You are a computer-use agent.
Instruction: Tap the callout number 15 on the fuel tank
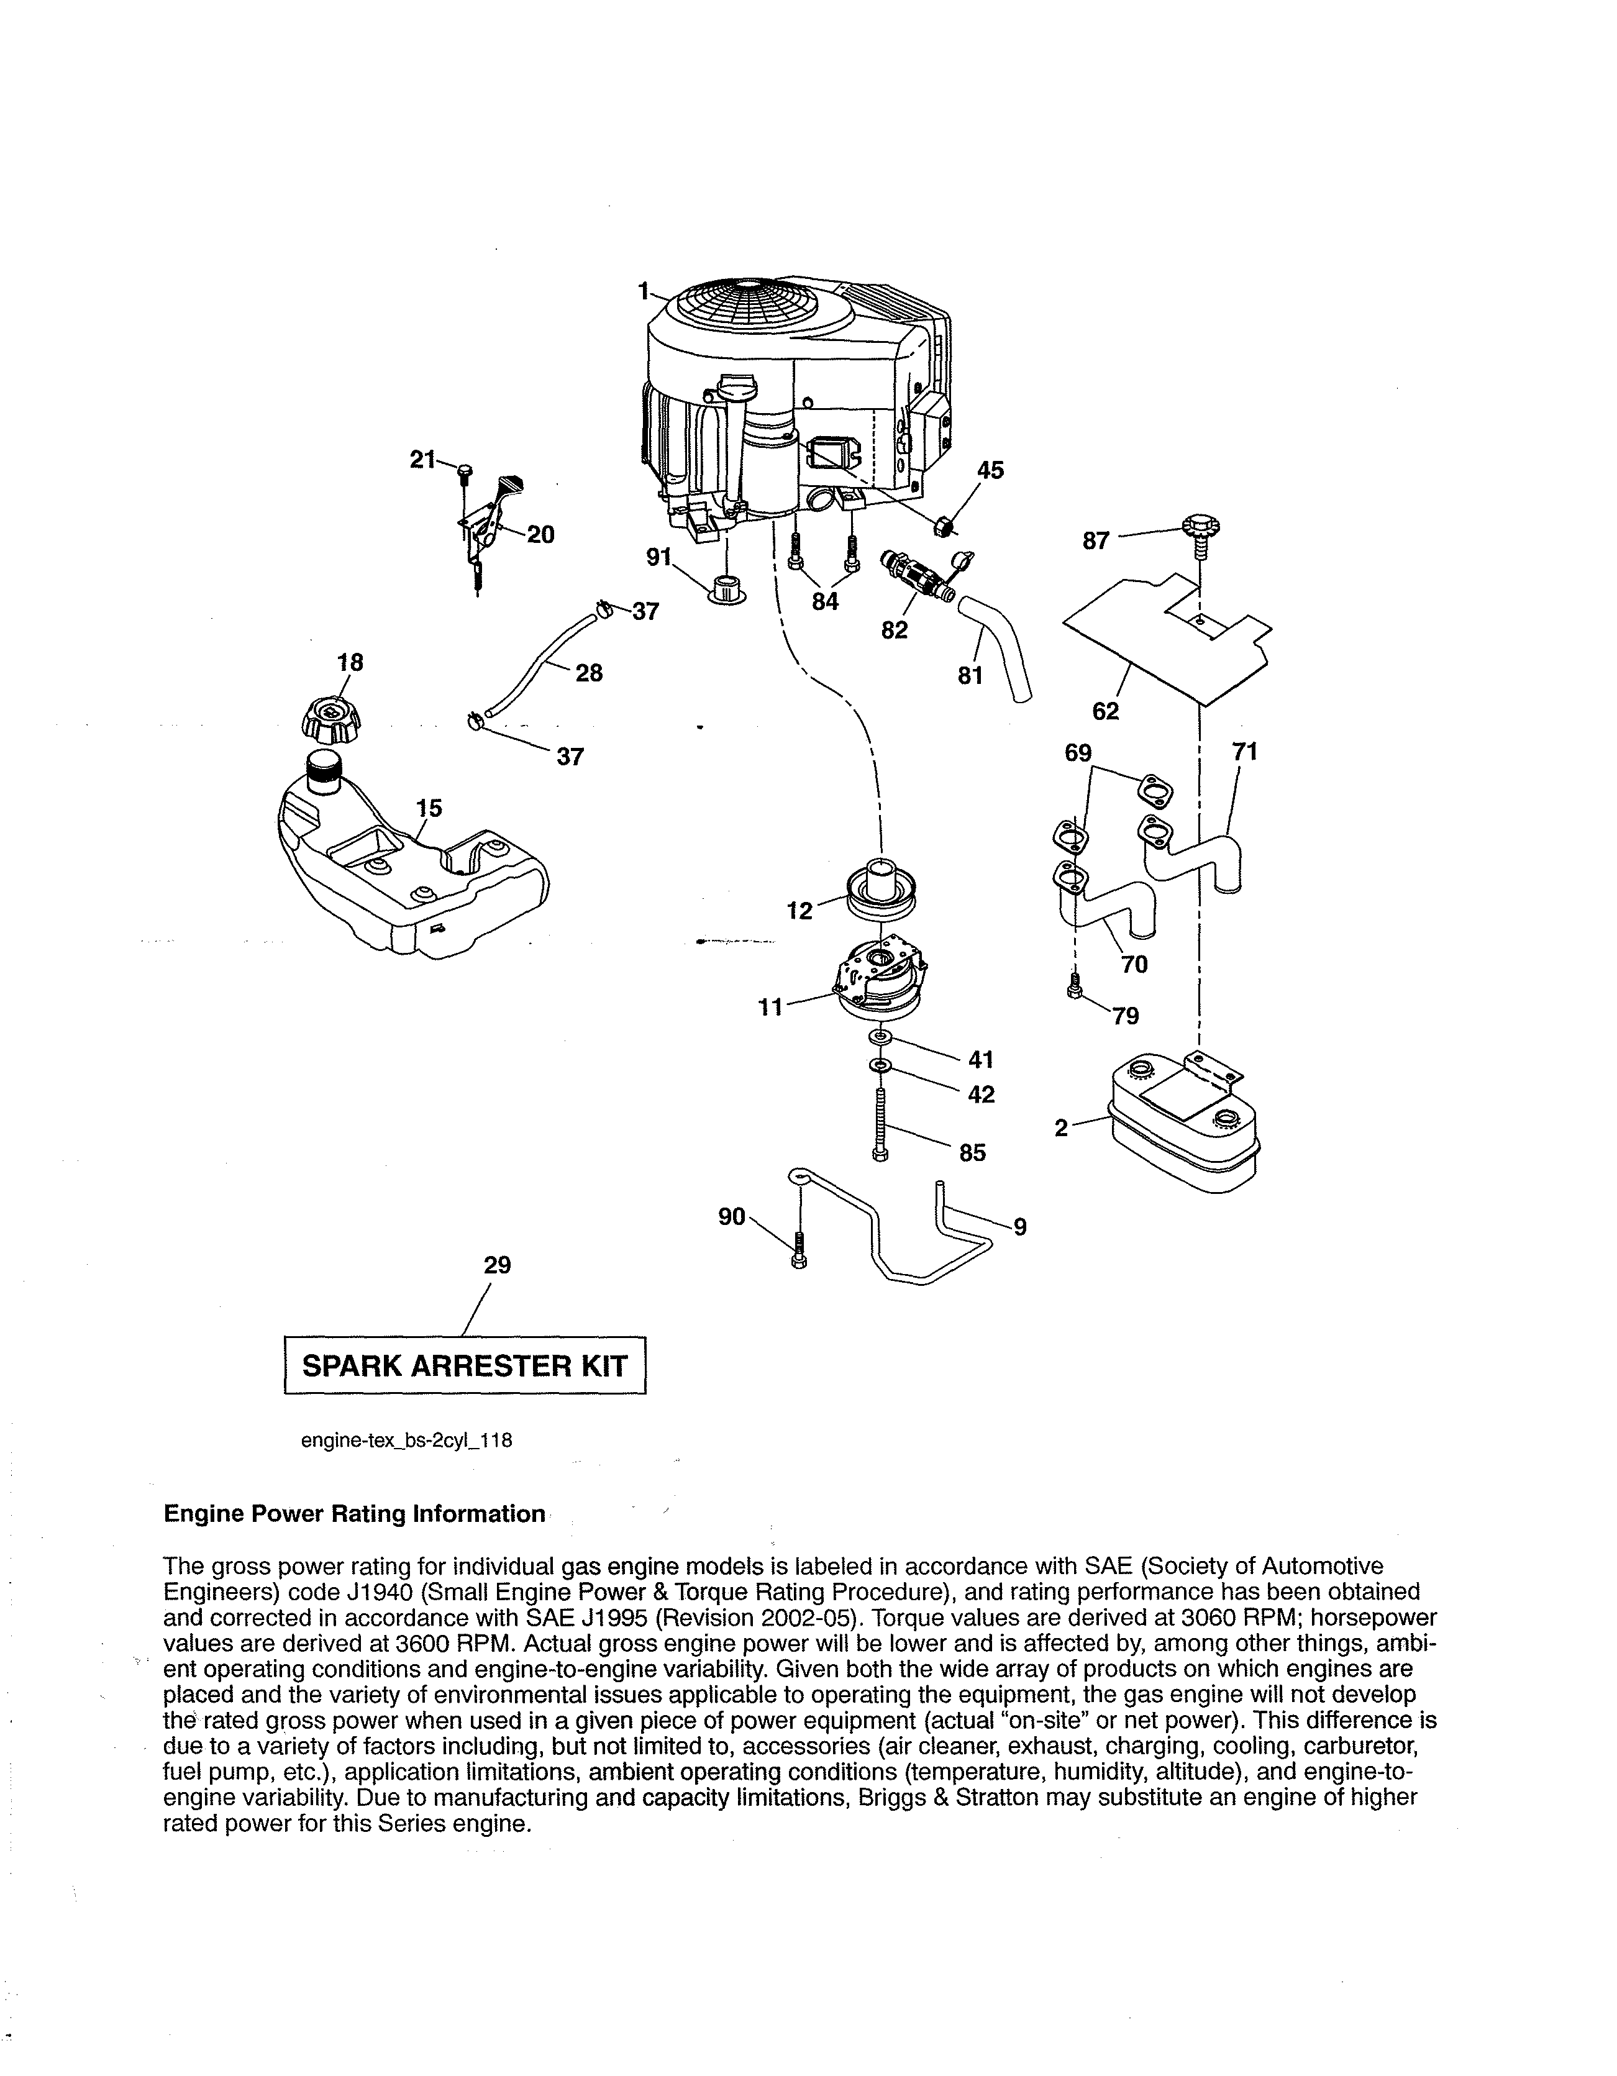[430, 808]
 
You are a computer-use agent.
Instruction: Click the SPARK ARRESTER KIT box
[465, 1366]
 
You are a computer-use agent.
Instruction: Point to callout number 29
[497, 1265]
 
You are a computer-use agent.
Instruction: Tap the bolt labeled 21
[464, 473]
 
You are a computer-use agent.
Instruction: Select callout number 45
[991, 470]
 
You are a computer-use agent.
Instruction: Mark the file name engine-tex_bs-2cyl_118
[407, 1439]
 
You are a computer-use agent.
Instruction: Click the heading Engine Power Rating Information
[355, 1514]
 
